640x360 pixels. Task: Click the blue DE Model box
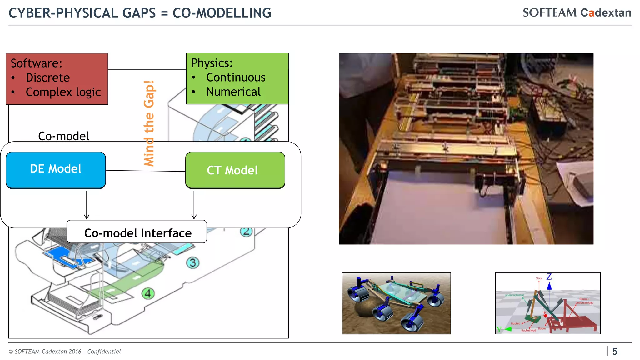(56, 170)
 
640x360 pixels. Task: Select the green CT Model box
(235, 170)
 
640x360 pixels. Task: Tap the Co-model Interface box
(137, 232)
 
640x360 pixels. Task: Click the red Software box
(57, 78)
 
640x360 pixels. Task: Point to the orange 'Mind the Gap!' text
(149, 123)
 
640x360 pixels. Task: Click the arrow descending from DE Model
(87, 205)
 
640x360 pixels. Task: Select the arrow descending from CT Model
(194, 205)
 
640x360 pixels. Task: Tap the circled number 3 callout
(193, 262)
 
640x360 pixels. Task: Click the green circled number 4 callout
(148, 293)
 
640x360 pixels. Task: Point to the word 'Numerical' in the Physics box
(233, 92)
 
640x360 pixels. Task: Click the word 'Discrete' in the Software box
(48, 77)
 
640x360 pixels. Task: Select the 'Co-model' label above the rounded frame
(63, 136)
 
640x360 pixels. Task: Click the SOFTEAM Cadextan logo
(577, 13)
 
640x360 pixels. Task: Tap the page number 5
(615, 352)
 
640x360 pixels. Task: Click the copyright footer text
(64, 352)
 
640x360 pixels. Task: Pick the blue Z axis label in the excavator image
(549, 277)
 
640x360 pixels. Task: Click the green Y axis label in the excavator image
(499, 329)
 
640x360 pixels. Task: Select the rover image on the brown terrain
(396, 303)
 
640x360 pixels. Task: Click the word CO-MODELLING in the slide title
(222, 13)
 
